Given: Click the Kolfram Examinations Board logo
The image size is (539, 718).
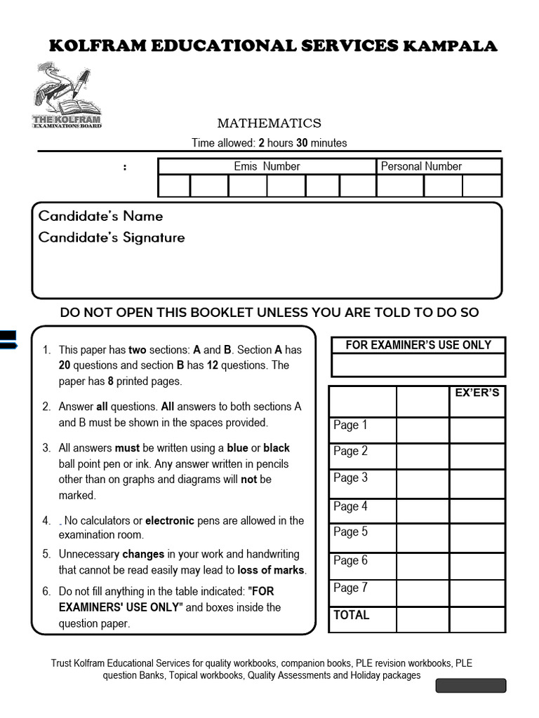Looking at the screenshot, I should (67, 95).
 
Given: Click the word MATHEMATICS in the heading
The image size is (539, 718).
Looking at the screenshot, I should (269, 123).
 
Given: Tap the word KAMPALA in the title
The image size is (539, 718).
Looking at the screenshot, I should (450, 46).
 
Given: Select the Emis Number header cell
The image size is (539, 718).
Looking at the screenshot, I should (267, 166).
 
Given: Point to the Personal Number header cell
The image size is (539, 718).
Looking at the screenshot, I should (421, 166).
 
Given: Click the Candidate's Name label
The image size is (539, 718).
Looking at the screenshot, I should (100, 216).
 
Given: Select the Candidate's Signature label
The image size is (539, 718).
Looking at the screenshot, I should (112, 238).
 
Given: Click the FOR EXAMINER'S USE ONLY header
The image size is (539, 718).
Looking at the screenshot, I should (418, 345).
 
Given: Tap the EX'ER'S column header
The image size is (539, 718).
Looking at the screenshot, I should (477, 393).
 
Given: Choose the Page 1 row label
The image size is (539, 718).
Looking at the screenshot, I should (350, 425).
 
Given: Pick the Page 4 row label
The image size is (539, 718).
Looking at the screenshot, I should (350, 506).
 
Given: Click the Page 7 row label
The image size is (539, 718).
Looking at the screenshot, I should (350, 588).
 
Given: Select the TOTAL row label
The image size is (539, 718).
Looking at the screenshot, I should (352, 615).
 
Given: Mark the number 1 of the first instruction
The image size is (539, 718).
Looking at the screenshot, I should (46, 350).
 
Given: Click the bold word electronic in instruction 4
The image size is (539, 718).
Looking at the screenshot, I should (169, 521).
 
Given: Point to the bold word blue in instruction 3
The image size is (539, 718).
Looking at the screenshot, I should (237, 448).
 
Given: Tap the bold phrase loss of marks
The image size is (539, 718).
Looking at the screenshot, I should (270, 570).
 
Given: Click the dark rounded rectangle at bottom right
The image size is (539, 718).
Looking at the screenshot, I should (470, 686).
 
